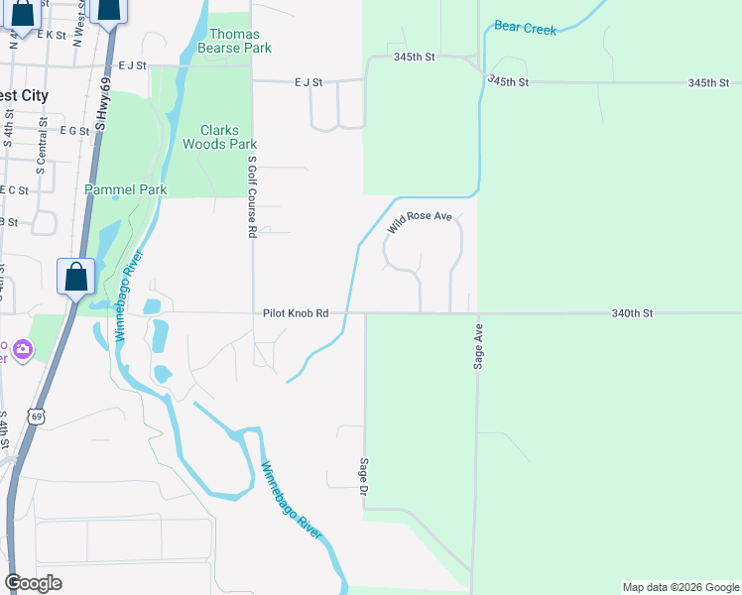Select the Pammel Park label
[x=125, y=189]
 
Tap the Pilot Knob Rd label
[x=296, y=312]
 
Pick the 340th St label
[x=632, y=312]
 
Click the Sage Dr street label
[x=364, y=477]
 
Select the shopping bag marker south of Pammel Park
[x=76, y=277]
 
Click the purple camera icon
[x=22, y=348]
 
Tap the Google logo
[x=33, y=582]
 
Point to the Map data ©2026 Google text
[x=680, y=587]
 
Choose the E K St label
[x=51, y=35]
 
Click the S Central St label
[x=42, y=147]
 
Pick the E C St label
[x=14, y=189]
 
